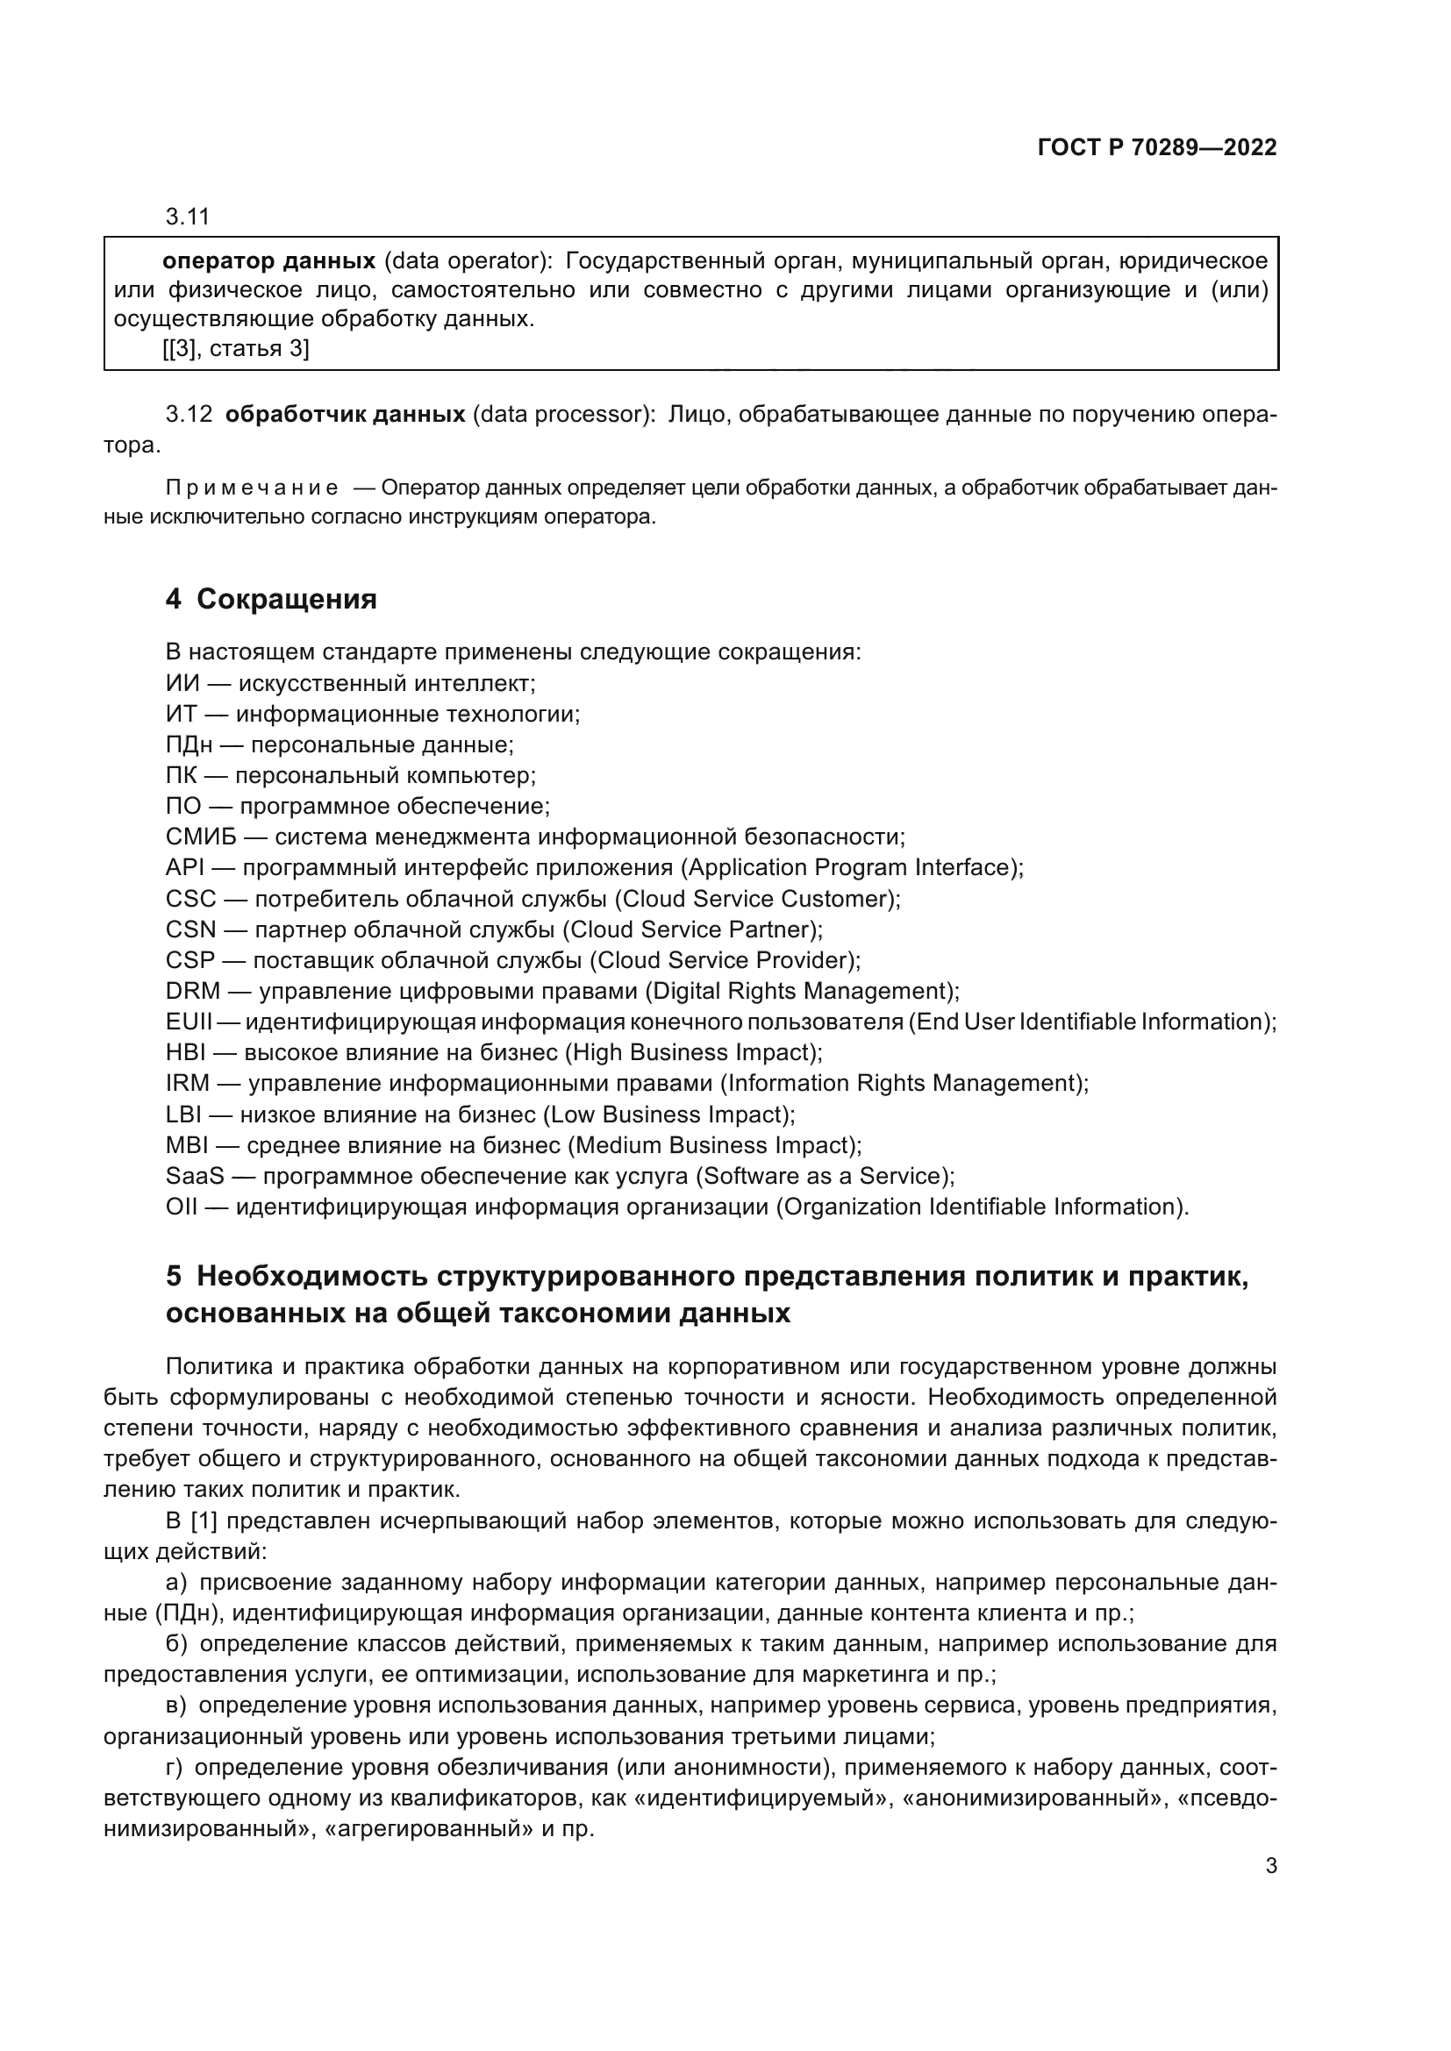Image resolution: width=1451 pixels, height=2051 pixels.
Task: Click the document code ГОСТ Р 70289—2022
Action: point(1156,148)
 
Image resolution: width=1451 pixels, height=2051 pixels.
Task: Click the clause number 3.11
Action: point(187,217)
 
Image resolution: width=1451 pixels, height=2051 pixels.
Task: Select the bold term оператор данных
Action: point(268,261)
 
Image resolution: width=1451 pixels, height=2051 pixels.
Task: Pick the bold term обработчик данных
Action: point(345,415)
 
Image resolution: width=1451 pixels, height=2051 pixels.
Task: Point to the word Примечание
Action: point(251,488)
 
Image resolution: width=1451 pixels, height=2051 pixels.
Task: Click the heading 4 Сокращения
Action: point(271,600)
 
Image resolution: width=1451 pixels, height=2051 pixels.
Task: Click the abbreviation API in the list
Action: point(185,868)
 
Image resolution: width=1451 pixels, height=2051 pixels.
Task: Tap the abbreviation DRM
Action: point(192,992)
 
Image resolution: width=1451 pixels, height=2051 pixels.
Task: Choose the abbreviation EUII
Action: point(188,1022)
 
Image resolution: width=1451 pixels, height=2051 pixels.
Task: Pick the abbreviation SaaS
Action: point(195,1177)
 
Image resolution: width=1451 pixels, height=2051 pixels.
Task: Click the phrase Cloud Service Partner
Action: point(691,929)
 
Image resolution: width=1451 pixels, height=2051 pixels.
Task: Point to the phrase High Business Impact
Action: point(692,1053)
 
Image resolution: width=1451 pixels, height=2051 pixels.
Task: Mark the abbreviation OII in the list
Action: point(181,1207)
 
